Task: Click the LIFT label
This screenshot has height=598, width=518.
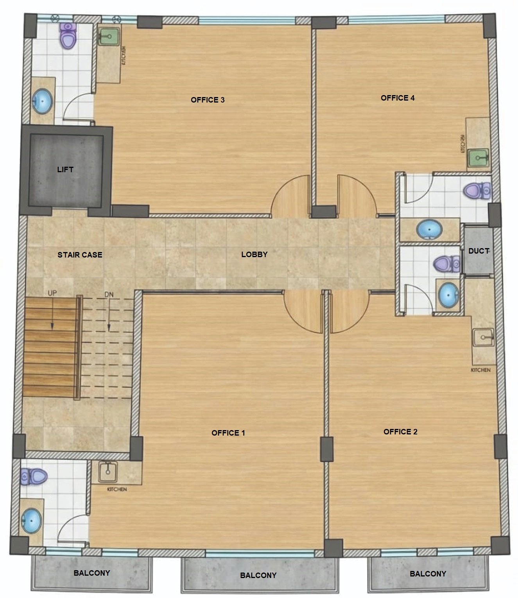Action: click(65, 169)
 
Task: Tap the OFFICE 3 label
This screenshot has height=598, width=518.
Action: click(208, 100)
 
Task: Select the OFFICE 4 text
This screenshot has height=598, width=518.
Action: click(398, 98)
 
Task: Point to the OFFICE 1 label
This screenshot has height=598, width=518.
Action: click(228, 433)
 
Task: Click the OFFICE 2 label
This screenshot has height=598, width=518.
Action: click(400, 432)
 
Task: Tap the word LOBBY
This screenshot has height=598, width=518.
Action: click(254, 254)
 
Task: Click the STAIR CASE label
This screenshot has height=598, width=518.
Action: click(80, 255)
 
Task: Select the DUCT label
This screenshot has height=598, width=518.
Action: click(479, 251)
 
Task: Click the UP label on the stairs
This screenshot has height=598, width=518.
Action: click(52, 293)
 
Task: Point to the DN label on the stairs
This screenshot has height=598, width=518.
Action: click(109, 294)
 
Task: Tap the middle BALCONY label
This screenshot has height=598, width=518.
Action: click(258, 575)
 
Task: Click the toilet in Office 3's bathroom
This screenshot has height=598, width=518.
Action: click(68, 35)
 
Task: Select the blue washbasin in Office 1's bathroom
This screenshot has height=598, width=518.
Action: click(31, 521)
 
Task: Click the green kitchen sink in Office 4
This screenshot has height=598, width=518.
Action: click(478, 159)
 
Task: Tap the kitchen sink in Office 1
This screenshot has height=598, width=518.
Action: click(108, 472)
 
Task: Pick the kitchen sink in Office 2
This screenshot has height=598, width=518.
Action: click(484, 337)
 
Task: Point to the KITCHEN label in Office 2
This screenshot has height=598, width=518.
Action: click(480, 370)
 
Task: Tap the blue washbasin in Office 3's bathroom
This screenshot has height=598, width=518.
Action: click(42, 101)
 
